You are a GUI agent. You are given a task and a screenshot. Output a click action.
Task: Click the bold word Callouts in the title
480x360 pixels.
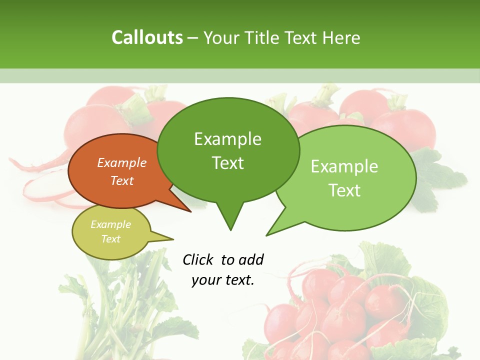pos(147,37)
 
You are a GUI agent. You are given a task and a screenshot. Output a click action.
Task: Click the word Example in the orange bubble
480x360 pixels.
pos(122,162)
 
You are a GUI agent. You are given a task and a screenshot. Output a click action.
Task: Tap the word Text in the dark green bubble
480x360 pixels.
pos(228,163)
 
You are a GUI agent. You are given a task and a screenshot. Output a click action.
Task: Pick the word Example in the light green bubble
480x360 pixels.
pos(344,166)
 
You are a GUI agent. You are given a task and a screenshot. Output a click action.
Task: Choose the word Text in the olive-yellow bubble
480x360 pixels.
pos(111,239)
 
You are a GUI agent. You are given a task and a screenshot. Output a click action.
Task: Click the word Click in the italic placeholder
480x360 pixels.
pos(197,259)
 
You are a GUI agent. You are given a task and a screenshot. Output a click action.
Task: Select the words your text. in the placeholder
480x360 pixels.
pos(223,280)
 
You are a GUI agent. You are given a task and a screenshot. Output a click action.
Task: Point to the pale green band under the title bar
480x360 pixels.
pos(240,75)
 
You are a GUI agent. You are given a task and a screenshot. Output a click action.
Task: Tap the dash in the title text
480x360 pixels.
pos(193,38)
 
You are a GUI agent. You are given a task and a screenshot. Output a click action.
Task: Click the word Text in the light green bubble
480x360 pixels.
pos(344,190)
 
